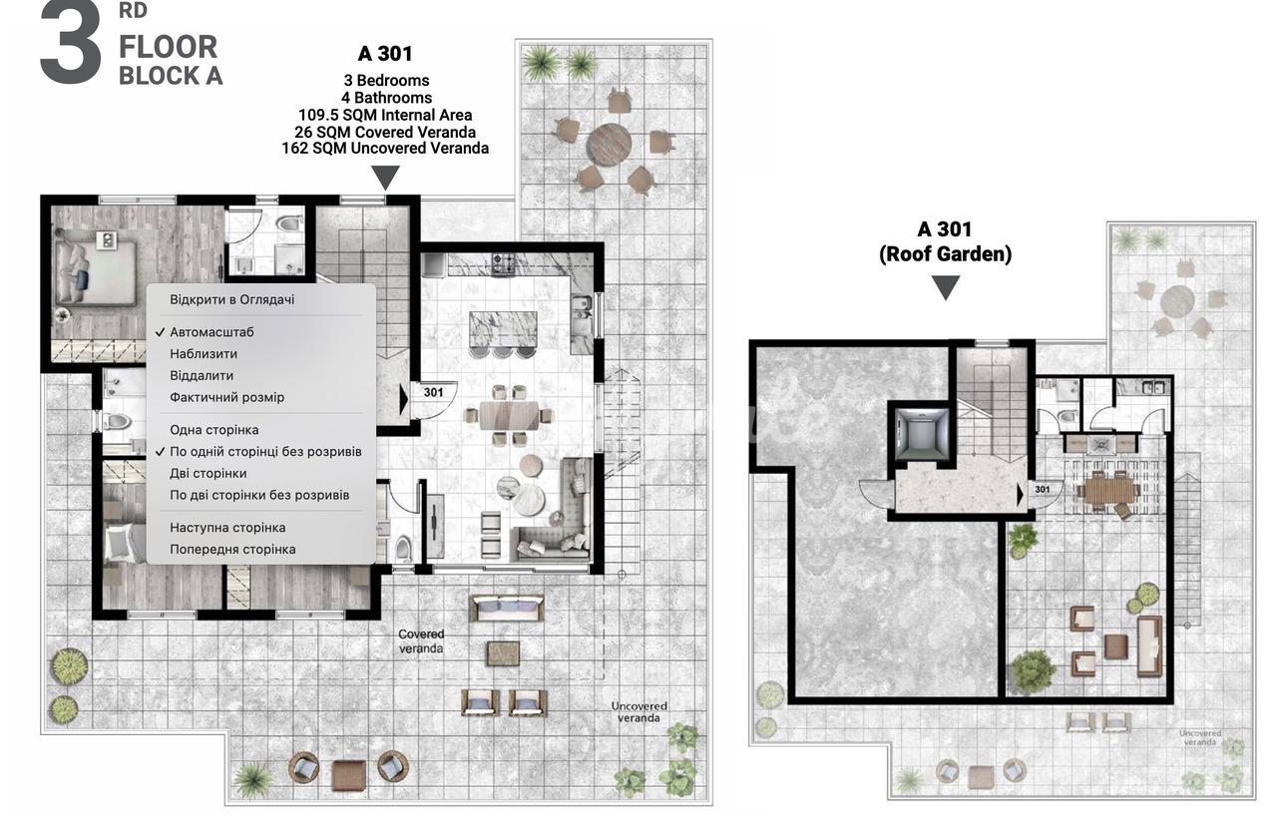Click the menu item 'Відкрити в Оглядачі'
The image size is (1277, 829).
(232, 300)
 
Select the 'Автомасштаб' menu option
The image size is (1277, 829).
(212, 332)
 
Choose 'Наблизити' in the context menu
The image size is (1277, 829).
(204, 354)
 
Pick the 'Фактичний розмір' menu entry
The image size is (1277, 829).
(226, 397)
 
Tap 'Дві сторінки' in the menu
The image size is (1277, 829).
(209, 474)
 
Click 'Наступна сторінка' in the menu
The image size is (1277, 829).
(227, 528)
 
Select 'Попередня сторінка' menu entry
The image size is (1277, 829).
(232, 550)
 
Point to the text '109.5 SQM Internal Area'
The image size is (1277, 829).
(385, 115)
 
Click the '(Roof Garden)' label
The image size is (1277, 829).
(945, 253)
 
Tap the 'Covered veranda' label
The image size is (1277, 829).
(421, 641)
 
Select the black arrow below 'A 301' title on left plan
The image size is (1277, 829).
(385, 178)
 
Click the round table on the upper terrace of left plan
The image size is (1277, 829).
(609, 146)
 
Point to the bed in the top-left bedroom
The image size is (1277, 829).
(96, 273)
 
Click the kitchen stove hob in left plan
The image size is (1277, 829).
(504, 262)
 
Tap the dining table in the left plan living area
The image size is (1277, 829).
(509, 415)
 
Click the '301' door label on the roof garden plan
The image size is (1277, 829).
(1043, 489)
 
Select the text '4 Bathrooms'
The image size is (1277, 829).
(386, 98)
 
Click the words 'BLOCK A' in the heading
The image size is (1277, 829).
(171, 76)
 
